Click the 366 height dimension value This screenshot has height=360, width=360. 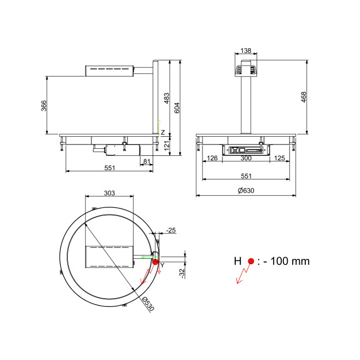coord(44,106)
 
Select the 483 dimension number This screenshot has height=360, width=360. coord(167,98)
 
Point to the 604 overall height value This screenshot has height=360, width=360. coord(177,108)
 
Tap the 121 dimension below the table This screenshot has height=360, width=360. coord(167,145)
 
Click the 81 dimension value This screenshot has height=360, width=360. coord(147,161)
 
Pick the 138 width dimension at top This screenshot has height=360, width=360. coord(246,50)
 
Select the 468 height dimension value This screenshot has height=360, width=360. coord(304,97)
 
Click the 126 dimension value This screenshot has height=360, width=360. coord(212,158)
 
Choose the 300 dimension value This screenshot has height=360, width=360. coord(246,158)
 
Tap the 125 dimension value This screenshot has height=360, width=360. coord(280,158)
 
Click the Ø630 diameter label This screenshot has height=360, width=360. coord(246,190)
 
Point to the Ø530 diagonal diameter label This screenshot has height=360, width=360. coord(148,304)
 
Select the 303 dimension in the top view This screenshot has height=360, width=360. coord(109,193)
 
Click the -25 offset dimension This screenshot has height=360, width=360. coord(171,230)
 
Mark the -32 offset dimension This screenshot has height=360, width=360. coord(182,274)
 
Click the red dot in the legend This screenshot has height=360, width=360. coord(251,262)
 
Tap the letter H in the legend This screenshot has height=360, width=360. coord(237,262)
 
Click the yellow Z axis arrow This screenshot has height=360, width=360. coord(159,127)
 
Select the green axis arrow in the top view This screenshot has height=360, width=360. coord(150,257)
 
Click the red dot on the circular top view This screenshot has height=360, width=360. coord(155,262)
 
